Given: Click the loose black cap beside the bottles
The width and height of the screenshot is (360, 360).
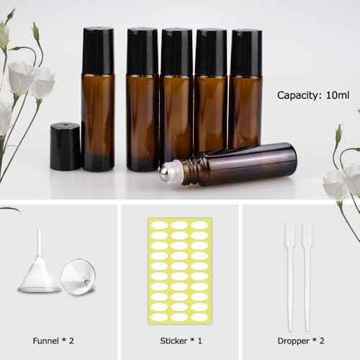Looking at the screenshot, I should (65, 147).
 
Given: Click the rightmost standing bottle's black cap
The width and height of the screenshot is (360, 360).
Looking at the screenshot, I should (246, 53).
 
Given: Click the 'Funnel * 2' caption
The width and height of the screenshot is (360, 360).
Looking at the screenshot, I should (54, 341).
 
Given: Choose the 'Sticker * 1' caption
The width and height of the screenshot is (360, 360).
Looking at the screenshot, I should (180, 341).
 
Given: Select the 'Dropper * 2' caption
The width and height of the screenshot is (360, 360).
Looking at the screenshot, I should (300, 341).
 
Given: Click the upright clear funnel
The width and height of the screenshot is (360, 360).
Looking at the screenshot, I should (39, 270).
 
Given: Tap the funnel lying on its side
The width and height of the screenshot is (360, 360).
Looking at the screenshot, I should (77, 277).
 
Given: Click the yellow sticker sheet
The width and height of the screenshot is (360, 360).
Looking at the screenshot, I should (180, 271).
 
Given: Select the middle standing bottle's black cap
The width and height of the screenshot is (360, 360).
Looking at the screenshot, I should (176, 53).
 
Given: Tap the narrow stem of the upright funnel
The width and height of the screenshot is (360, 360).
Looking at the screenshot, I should (40, 245).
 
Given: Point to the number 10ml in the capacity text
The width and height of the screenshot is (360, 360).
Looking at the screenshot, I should (337, 95).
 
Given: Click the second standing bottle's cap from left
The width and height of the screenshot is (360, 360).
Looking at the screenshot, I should (142, 52).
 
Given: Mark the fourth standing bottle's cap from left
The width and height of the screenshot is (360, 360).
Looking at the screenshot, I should (211, 53).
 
